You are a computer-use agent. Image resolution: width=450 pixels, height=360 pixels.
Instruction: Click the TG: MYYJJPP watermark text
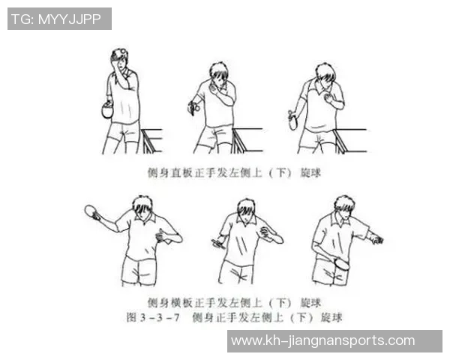click(59, 19)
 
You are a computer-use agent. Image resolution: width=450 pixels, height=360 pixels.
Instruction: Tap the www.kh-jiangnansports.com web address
click(322, 341)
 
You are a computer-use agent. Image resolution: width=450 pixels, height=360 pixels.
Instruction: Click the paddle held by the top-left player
click(106, 110)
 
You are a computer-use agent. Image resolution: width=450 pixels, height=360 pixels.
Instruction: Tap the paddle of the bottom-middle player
click(219, 242)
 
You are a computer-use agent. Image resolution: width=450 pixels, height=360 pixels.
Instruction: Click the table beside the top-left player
click(152, 139)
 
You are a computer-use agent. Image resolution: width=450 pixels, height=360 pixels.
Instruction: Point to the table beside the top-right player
click(351, 139)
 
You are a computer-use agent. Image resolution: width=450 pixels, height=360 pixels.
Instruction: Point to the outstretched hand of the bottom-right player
click(376, 240)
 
